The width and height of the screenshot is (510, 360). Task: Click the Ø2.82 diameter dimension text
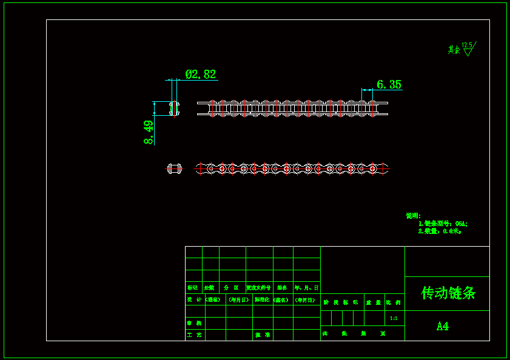(201, 75)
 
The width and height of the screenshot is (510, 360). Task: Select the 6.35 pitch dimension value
(389, 85)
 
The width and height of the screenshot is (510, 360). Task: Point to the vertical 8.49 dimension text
(149, 132)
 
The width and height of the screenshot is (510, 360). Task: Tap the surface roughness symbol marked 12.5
(468, 48)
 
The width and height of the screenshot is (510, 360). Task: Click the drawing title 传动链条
(448, 293)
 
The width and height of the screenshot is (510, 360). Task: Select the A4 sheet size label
(443, 326)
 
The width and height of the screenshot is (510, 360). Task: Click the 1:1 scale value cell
(394, 318)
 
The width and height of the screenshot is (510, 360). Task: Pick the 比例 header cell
(394, 302)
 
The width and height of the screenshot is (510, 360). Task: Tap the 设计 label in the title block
(195, 299)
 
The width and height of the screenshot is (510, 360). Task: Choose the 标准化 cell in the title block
(263, 299)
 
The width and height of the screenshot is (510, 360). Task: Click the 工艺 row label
(195, 335)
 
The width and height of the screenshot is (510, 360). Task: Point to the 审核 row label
(195, 323)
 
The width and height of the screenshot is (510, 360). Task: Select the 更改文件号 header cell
(259, 288)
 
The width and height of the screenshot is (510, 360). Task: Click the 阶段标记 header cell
(341, 302)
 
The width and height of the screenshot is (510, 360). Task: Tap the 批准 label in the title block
(263, 335)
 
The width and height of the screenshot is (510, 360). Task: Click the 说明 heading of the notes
(413, 216)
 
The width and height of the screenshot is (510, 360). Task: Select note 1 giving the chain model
(443, 224)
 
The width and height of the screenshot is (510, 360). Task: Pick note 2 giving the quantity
(440, 231)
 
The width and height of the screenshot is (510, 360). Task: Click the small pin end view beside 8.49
(174, 108)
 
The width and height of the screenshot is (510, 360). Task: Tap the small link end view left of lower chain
(174, 168)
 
